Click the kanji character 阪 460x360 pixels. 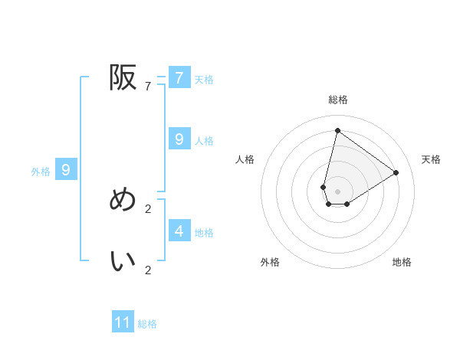[123, 77]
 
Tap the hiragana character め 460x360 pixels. [123, 201]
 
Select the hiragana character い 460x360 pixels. [123, 261]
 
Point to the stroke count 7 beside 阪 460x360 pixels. [147, 87]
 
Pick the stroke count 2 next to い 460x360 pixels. [147, 270]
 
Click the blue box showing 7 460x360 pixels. [179, 78]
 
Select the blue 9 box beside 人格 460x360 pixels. [179, 139]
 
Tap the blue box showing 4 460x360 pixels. [179, 231]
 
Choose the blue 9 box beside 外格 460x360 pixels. [66, 170]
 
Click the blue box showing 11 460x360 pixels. [123, 322]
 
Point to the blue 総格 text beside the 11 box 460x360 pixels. [147, 324]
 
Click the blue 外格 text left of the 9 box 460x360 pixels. [41, 172]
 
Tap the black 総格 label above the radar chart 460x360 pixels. [338, 100]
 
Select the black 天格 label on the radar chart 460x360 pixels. [432, 159]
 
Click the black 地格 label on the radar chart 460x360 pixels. [402, 262]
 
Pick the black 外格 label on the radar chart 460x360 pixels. [270, 262]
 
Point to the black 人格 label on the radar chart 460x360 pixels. [245, 159]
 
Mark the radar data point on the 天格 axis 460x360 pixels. [396, 172]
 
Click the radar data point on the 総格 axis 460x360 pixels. [337, 130]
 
